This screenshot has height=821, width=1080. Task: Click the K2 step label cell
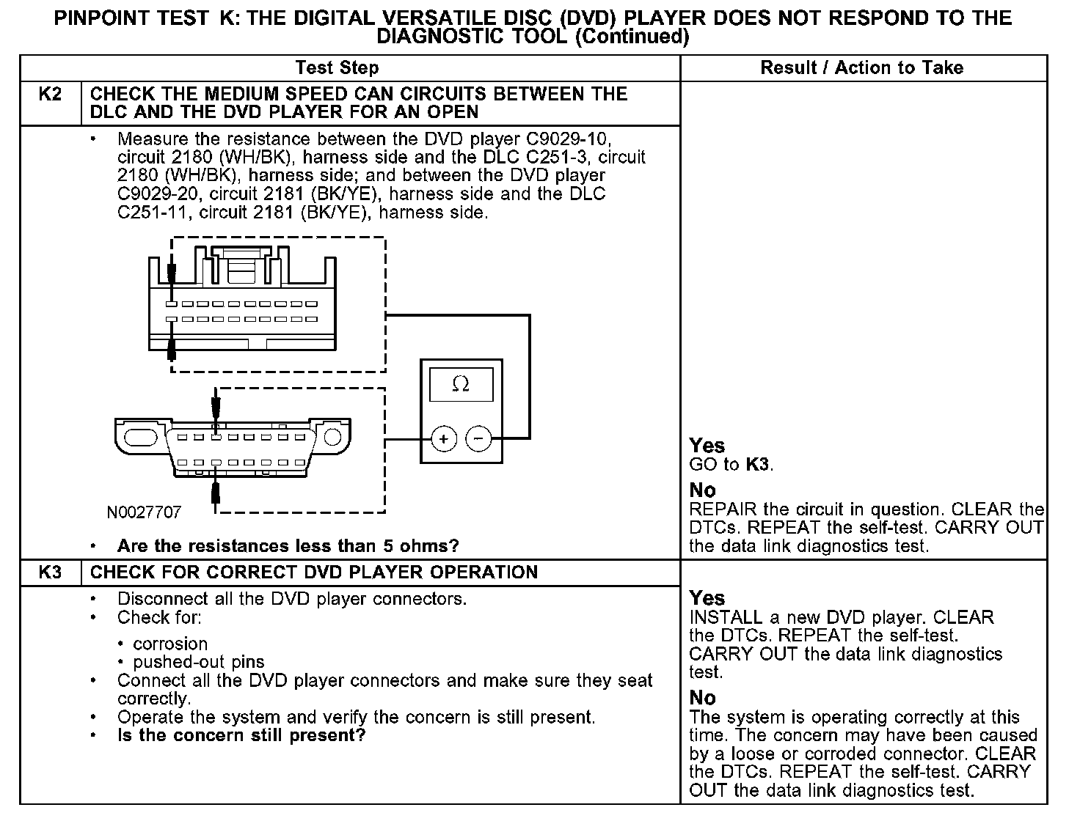point(49,95)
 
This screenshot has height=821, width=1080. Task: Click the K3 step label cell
point(49,573)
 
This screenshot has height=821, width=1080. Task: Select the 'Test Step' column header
point(337,68)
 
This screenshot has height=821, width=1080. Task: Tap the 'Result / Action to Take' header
point(861,68)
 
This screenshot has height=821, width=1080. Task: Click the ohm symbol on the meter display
point(461,384)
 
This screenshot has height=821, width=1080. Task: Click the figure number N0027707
point(144,512)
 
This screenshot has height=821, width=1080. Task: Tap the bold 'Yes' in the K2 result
point(707,446)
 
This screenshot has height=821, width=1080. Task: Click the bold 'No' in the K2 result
point(702,490)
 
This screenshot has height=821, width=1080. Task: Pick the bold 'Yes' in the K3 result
point(707,598)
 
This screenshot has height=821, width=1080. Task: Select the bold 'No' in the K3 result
point(702,698)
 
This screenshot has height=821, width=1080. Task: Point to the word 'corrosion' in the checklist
point(170,644)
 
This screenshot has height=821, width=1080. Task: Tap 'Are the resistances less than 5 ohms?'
point(288,546)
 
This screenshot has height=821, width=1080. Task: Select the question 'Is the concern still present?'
point(241,735)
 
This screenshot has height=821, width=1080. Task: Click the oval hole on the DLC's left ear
point(140,437)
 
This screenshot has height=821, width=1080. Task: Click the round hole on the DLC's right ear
point(332,437)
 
